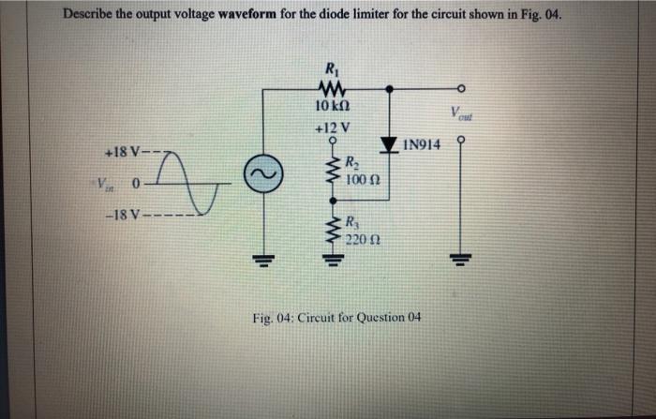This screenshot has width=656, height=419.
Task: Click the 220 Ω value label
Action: pyautogui.click(x=360, y=240)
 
